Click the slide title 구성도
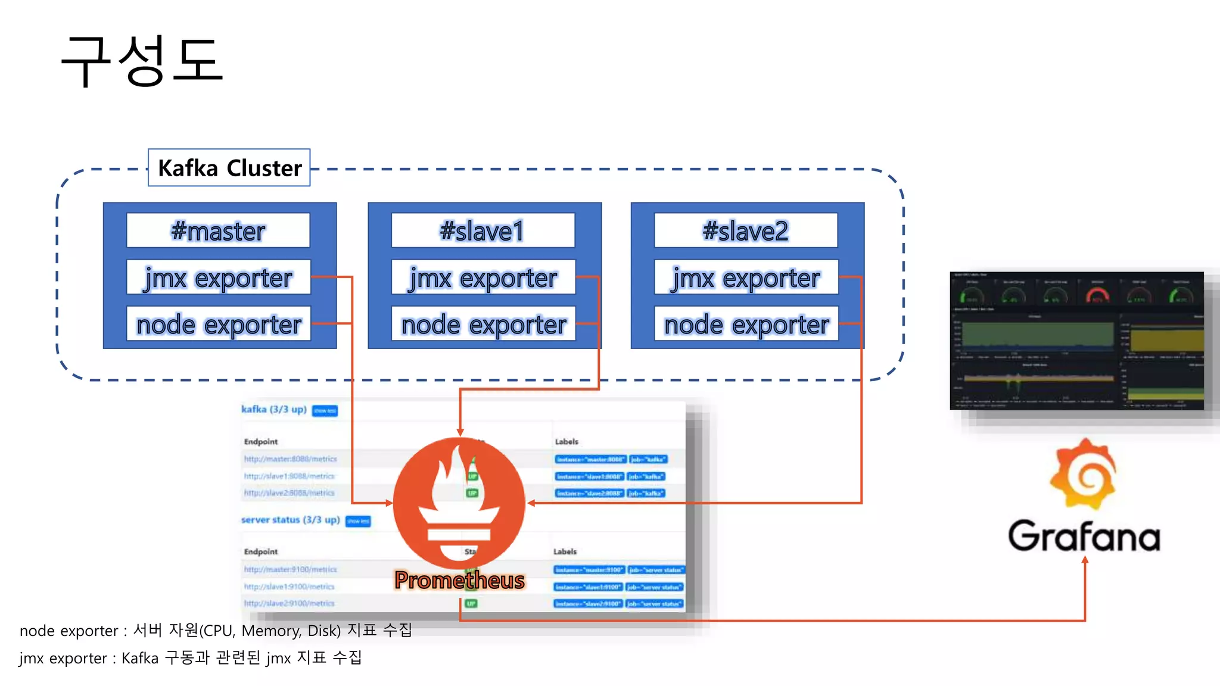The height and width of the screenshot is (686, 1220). (142, 60)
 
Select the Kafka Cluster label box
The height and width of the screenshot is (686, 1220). (229, 168)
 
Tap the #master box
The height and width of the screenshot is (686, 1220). (218, 230)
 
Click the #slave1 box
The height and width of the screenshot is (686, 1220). (483, 230)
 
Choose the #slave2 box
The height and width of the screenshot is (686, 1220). (746, 230)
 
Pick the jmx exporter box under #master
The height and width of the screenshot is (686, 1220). (218, 277)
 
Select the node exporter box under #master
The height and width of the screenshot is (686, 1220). (218, 324)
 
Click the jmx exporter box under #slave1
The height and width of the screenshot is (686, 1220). (483, 277)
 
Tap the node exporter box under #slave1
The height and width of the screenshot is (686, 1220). (483, 324)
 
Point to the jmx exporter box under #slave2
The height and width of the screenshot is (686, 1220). (746, 277)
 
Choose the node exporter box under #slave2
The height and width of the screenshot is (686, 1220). (746, 324)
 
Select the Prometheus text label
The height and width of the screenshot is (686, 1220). (459, 580)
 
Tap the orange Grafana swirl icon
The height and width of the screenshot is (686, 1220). (1083, 474)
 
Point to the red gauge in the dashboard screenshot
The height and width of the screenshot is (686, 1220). (1097, 294)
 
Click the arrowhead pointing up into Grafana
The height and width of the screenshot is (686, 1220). (1085, 560)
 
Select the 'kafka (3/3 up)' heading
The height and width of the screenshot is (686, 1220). (274, 409)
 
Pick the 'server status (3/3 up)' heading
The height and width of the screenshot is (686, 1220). (290, 520)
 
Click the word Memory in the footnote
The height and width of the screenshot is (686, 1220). (270, 631)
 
